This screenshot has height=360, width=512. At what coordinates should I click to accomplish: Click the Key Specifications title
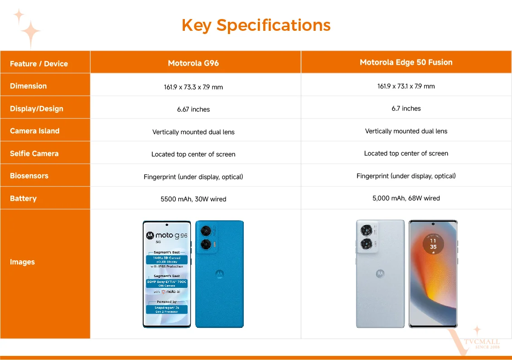tap(256, 25)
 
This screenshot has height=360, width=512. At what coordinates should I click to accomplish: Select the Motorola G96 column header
tap(193, 63)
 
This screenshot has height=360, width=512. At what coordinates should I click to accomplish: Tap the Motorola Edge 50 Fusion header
tap(406, 62)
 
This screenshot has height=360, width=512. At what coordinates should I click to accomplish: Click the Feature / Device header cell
tap(39, 63)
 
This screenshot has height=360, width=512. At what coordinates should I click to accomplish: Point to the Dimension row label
tap(29, 86)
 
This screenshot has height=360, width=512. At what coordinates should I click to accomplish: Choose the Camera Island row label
tap(35, 131)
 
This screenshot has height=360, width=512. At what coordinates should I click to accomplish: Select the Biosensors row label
tap(29, 175)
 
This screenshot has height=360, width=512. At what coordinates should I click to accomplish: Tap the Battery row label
tap(23, 198)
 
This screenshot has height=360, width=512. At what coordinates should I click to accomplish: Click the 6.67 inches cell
tap(193, 109)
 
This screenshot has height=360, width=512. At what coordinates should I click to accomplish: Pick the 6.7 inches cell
tap(406, 108)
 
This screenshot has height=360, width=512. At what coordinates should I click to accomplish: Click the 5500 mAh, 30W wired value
tap(193, 199)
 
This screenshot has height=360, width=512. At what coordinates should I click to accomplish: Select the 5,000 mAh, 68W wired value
tap(406, 198)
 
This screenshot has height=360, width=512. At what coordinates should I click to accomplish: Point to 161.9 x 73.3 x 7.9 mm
tap(193, 87)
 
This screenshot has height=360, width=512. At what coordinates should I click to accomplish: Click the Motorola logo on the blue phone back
tap(219, 274)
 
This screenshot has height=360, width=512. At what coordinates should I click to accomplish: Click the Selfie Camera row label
tap(34, 153)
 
